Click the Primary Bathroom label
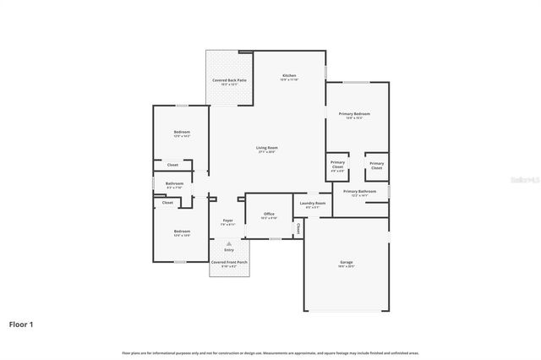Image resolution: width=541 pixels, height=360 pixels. coord(359,193)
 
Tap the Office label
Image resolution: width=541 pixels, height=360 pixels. coord(269,215)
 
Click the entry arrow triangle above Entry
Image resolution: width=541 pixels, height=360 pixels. coord(227,243)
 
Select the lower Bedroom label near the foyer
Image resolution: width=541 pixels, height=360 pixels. coord(182,232)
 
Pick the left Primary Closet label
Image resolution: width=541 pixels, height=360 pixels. coord(337,165)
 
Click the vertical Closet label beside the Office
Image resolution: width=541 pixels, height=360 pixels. coord(298,228)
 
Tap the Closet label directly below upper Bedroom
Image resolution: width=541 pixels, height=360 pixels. coord(172,165)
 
